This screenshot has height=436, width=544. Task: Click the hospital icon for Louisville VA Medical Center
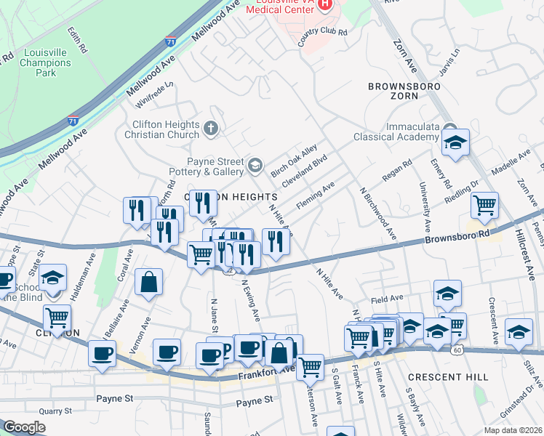coord(325,4)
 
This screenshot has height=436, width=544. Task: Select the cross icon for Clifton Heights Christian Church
coord(211,129)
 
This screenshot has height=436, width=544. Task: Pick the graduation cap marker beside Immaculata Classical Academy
coord(455,142)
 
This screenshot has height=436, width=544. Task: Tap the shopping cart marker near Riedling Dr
coord(484,204)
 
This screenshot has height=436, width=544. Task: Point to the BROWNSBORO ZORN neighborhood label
coord(393,90)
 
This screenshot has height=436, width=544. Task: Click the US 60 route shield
coord(456,350)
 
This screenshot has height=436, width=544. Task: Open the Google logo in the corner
coord(24,427)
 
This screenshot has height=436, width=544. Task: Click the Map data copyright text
coord(513,429)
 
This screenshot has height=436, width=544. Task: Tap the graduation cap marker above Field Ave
coord(447,292)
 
